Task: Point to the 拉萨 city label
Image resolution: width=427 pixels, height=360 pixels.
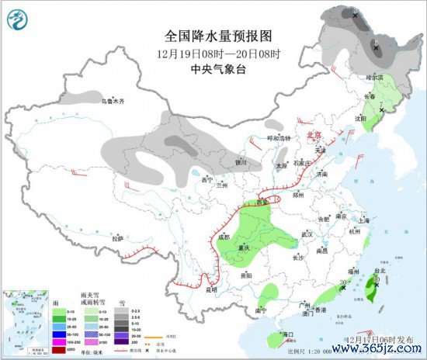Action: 117,239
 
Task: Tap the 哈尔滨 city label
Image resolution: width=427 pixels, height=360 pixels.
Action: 375,78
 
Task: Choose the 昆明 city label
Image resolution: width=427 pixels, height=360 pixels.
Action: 212,289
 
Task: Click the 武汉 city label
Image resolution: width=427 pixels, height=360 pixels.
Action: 307,234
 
